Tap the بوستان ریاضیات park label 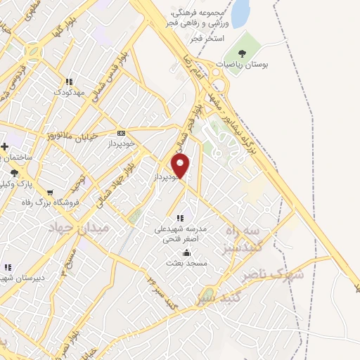pos(243,64)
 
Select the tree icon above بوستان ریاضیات pos(243,52)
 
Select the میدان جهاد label pos(70,229)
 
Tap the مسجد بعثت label pos(185,263)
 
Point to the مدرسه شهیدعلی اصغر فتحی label pos(181,234)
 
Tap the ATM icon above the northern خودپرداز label pos(121,132)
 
